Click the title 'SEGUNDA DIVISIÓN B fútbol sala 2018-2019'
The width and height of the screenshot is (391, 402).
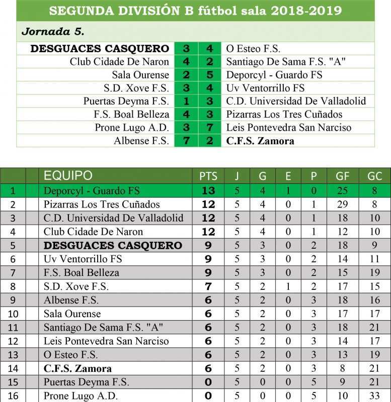click(x=195, y=11)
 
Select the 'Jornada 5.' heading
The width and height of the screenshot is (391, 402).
click(x=52, y=32)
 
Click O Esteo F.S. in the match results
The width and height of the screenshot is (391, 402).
click(x=253, y=49)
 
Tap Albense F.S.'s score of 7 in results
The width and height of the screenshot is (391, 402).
click(x=186, y=141)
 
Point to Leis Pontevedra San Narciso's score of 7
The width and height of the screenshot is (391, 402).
click(x=210, y=128)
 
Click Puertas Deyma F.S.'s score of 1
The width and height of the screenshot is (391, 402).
click(x=186, y=101)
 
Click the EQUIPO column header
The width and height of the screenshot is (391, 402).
click(x=68, y=175)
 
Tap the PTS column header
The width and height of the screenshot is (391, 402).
click(x=208, y=176)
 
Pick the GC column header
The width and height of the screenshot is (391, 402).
click(x=375, y=176)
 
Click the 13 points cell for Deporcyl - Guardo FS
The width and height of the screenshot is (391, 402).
click(x=208, y=191)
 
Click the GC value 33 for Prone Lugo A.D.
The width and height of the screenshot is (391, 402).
click(x=375, y=396)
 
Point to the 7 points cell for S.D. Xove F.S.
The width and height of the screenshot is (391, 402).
click(x=208, y=286)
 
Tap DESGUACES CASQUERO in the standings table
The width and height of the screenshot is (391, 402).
click(x=113, y=246)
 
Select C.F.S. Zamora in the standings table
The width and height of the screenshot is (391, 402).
click(x=77, y=368)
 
